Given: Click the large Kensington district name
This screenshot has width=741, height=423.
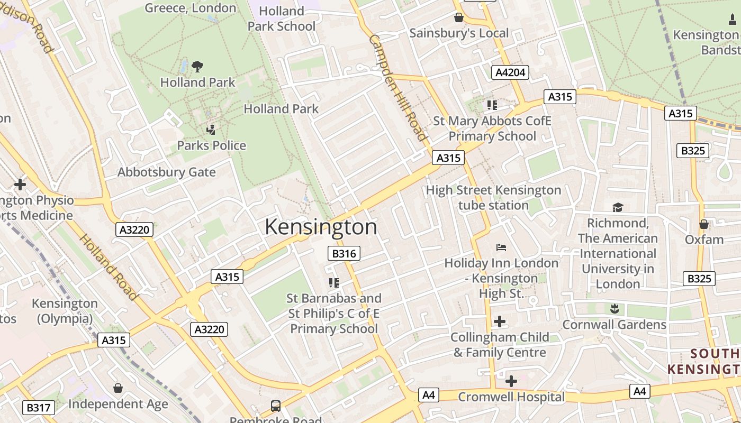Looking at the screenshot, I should click(x=321, y=227).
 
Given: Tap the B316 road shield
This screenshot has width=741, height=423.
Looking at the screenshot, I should click(x=344, y=253).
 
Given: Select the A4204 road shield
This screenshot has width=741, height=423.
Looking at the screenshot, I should click(x=511, y=72).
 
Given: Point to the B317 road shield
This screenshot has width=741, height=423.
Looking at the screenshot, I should click(x=38, y=408).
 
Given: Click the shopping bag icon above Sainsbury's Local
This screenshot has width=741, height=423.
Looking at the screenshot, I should click(x=459, y=17).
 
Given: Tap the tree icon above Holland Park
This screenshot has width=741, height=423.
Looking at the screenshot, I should click(x=197, y=67).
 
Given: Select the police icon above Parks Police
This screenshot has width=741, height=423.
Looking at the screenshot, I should click(x=211, y=130).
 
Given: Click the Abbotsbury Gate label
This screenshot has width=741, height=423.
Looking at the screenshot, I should click(x=166, y=172).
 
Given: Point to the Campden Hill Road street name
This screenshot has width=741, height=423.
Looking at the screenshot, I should click(x=397, y=88).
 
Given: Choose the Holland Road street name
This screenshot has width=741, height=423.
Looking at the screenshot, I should click(x=109, y=267).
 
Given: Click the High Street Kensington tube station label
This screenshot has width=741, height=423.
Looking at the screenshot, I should click(x=493, y=197).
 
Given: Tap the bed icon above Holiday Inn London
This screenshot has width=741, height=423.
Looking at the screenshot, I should click(x=501, y=247).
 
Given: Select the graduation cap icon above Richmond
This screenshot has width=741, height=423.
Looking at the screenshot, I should click(x=618, y=207).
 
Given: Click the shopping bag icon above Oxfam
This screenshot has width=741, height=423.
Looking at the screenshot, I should click(x=704, y=224).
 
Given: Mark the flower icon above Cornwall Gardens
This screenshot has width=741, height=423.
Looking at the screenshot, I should click(x=614, y=308).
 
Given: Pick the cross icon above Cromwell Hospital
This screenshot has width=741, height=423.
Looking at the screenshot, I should click(x=511, y=381).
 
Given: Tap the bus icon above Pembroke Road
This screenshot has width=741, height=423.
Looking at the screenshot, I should click(x=276, y=406).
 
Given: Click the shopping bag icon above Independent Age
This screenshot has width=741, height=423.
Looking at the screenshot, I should click(x=118, y=388).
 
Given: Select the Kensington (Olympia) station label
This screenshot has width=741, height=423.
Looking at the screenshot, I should click(x=65, y=311).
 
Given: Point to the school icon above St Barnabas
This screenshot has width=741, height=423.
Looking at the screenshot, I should click(x=333, y=283).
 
